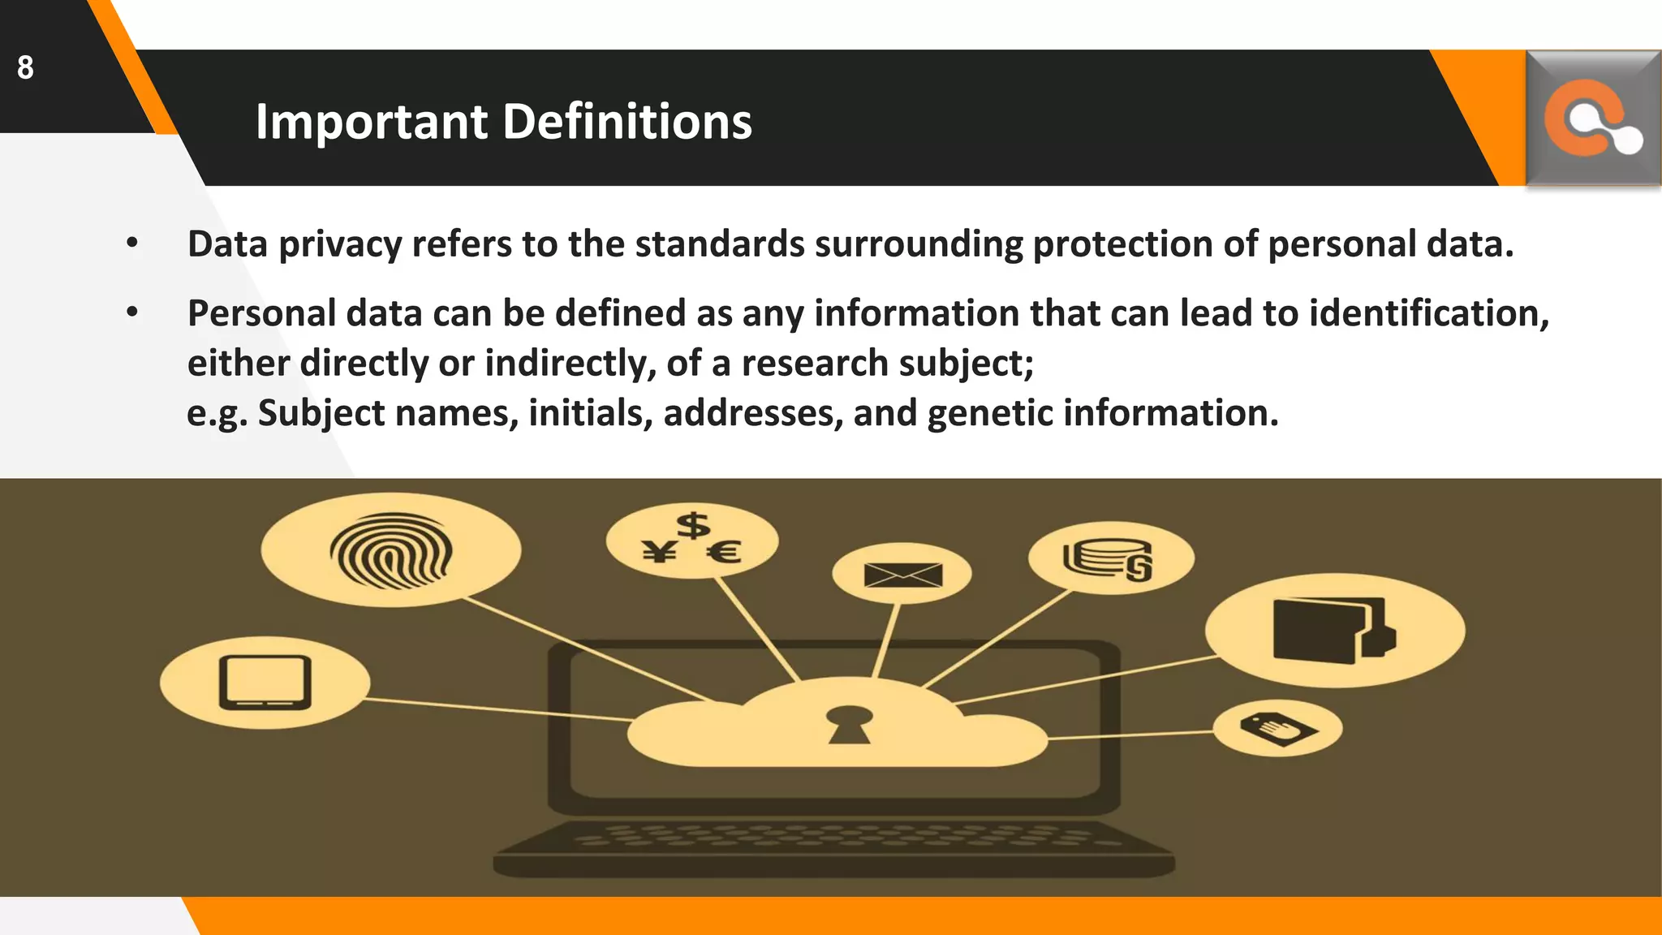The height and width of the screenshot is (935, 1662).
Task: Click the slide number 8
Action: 25,67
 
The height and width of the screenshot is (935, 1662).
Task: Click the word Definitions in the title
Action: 627,122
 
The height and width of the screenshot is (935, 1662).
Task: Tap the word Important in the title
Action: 372,122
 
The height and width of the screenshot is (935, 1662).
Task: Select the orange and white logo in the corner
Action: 1592,119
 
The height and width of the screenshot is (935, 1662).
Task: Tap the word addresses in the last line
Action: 753,413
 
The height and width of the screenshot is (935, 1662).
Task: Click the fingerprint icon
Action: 390,552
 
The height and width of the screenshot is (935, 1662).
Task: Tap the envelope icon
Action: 902,575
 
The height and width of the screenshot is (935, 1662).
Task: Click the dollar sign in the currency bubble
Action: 693,525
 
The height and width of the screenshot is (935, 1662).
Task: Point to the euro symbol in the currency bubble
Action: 724,554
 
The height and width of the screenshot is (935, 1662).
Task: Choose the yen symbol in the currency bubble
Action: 660,553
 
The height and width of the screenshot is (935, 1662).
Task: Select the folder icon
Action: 1333,631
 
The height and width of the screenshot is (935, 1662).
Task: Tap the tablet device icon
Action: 265,683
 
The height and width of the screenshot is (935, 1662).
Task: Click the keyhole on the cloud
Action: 849,724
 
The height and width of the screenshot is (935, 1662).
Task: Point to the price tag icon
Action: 1277,728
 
